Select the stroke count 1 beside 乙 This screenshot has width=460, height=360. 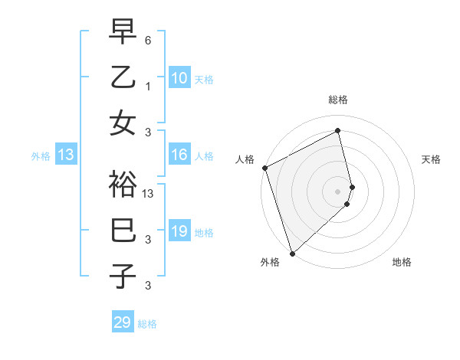(148, 87)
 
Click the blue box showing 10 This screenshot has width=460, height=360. (179, 78)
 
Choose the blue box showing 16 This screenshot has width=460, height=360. (179, 155)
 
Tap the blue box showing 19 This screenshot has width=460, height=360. (179, 232)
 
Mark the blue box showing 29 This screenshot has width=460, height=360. (123, 322)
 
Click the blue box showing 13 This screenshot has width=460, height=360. (66, 155)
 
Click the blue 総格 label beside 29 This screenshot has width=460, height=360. (147, 324)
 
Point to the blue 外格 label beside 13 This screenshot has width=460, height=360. (41, 156)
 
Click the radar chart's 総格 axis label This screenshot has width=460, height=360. (338, 100)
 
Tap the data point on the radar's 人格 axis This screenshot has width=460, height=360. (264, 168)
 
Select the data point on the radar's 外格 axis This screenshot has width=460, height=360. (292, 253)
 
